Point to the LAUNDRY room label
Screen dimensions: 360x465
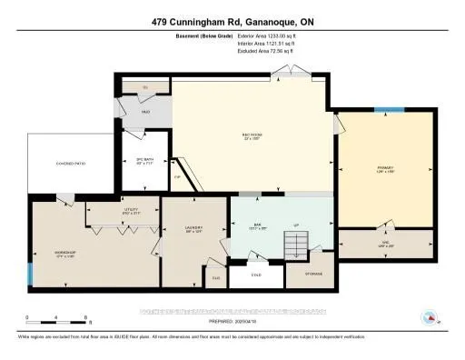pos(193,228)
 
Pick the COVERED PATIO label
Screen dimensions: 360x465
pos(60,164)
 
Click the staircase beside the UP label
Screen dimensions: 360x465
pos(296,244)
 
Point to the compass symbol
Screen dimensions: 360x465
pos(430,318)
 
